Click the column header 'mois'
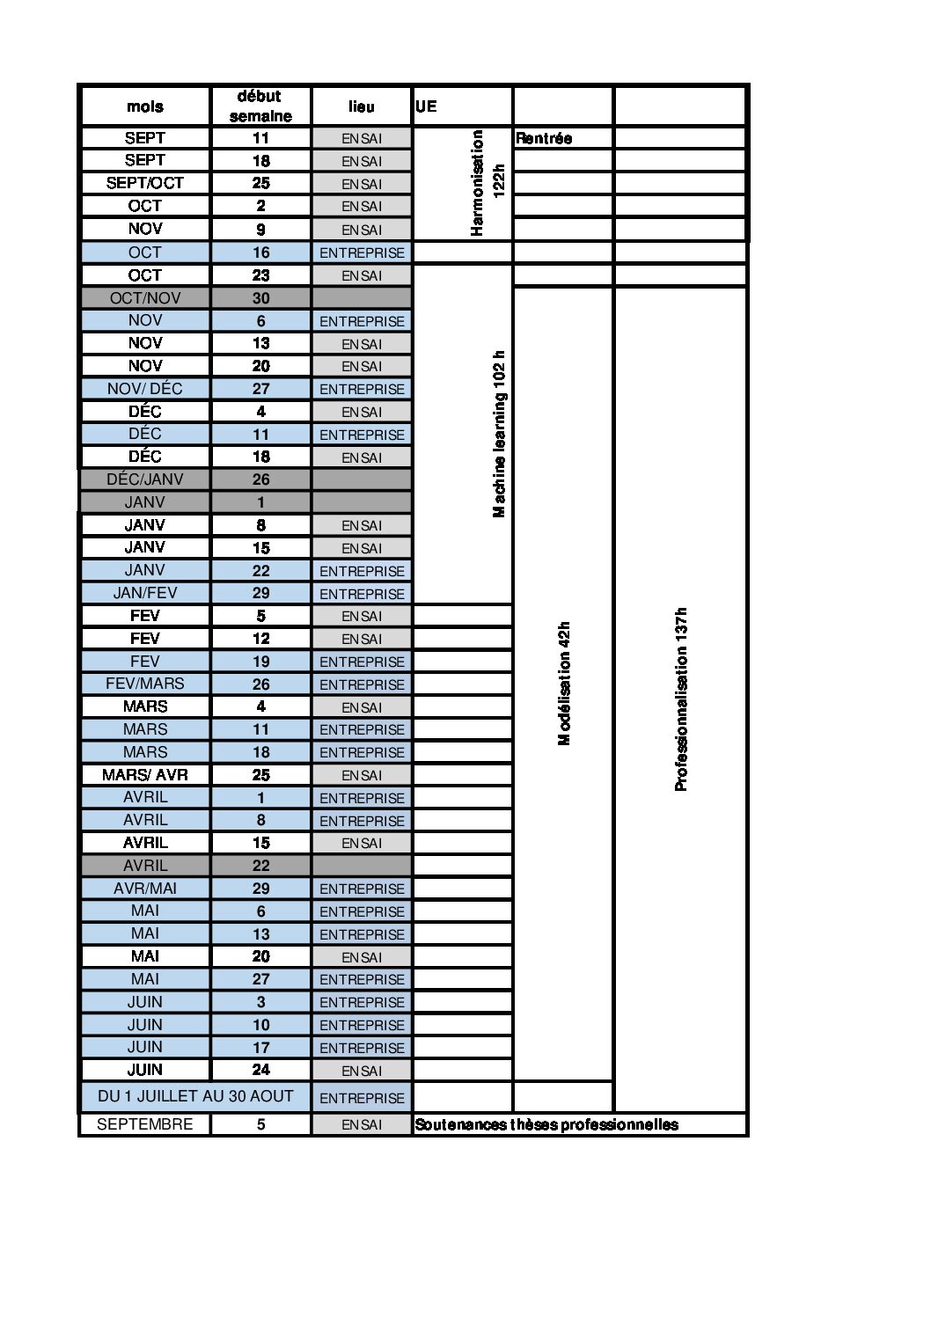coord(144,106)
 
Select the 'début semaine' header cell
coord(260,106)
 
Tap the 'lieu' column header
coord(361,106)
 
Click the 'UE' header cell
coord(426,106)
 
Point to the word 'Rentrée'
coord(544,138)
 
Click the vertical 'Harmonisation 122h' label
coord(487,183)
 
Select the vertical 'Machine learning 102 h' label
coord(499,434)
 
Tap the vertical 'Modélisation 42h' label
coord(564,684)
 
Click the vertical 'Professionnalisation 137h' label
coord(680,699)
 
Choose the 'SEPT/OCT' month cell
coord(144,183)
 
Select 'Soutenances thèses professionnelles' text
coord(546,1124)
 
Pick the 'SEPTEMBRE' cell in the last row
coord(144,1124)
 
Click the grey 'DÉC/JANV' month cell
coord(144,479)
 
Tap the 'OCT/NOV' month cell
coord(144,298)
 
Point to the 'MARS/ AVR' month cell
coord(144,775)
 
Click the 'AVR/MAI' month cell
coord(144,889)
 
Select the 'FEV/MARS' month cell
coord(144,684)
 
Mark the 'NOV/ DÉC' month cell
coord(144,389)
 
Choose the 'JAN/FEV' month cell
coord(144,593)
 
